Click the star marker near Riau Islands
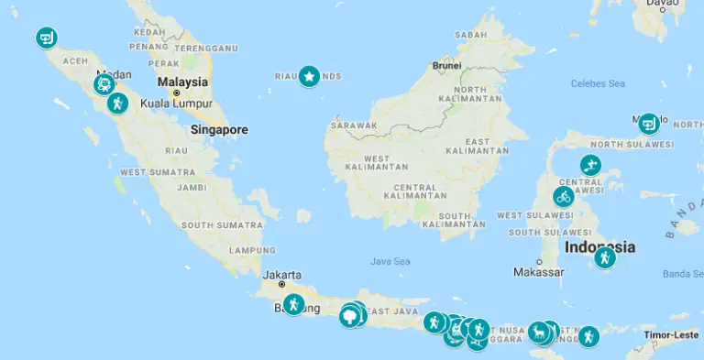tap(309, 77)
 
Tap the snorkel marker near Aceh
tap(46, 38)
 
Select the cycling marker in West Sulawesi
tap(564, 197)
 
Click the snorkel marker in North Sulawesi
tap(649, 123)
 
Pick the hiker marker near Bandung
tap(293, 304)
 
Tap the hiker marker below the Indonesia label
tap(604, 258)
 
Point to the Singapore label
tap(219, 130)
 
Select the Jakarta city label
tap(281, 274)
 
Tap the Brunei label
tap(446, 66)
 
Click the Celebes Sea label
tap(598, 83)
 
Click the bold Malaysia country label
tap(182, 82)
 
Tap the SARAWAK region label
tap(354, 125)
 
